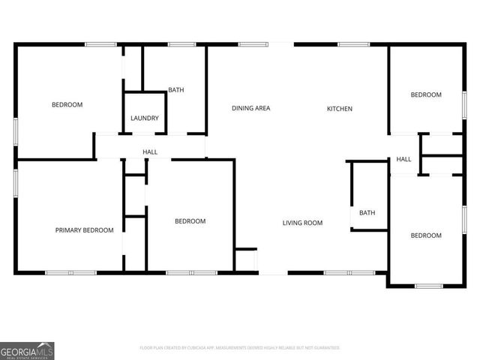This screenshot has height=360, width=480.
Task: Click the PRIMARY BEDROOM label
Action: pyautogui.click(x=84, y=230)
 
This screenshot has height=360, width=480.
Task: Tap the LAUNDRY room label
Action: pyautogui.click(x=144, y=118)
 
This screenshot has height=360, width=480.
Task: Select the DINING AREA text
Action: pyautogui.click(x=250, y=109)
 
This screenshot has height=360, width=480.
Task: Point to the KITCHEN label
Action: pyautogui.click(x=339, y=109)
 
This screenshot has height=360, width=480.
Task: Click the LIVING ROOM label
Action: pyautogui.click(x=302, y=223)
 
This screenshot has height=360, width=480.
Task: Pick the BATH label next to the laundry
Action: pyautogui.click(x=175, y=90)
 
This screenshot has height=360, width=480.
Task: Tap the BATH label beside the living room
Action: pyautogui.click(x=367, y=213)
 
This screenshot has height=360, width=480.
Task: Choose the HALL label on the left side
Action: pyautogui.click(x=150, y=152)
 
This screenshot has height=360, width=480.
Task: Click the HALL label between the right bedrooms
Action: pyautogui.click(x=403, y=159)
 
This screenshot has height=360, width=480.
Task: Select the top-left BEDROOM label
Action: pyautogui.click(x=67, y=104)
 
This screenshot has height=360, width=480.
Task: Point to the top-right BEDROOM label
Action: pyautogui.click(x=425, y=94)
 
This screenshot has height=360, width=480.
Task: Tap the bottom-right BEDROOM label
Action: pyautogui.click(x=425, y=235)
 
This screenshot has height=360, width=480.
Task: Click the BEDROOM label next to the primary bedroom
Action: pyautogui.click(x=190, y=221)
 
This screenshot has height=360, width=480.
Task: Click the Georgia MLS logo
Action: pyautogui.click(x=27, y=350)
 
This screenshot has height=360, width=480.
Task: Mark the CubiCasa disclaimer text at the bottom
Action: pyautogui.click(x=240, y=348)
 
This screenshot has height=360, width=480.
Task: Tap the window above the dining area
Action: pyautogui.click(x=253, y=44)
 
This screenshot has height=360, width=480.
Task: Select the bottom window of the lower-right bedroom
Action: pyautogui.click(x=429, y=286)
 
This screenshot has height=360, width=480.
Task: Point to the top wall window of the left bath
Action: pyautogui.click(x=181, y=44)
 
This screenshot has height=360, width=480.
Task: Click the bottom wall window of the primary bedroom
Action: pyautogui.click(x=70, y=272)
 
